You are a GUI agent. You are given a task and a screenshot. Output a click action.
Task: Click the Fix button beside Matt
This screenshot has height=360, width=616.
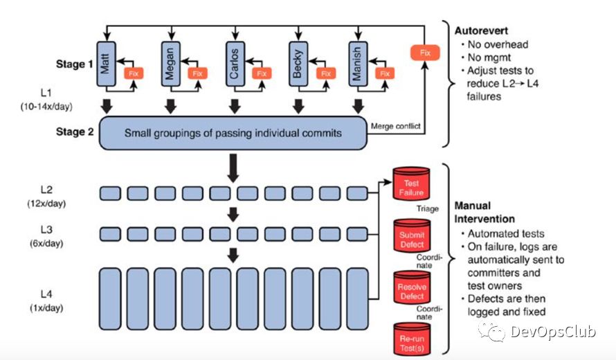pyautogui.click(x=133, y=72)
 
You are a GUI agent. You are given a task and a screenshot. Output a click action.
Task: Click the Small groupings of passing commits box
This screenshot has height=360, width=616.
pyautogui.click(x=233, y=132)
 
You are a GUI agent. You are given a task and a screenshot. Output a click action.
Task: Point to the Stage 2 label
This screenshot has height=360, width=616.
pyautogui.click(x=74, y=132)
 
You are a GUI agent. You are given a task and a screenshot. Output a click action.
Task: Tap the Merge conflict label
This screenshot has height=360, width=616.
pyautogui.click(x=395, y=126)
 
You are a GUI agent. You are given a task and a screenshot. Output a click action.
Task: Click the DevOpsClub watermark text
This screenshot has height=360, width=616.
pyautogui.click(x=553, y=332)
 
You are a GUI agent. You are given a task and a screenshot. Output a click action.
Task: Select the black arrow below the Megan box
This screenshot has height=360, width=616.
pyautogui.click(x=170, y=105)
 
